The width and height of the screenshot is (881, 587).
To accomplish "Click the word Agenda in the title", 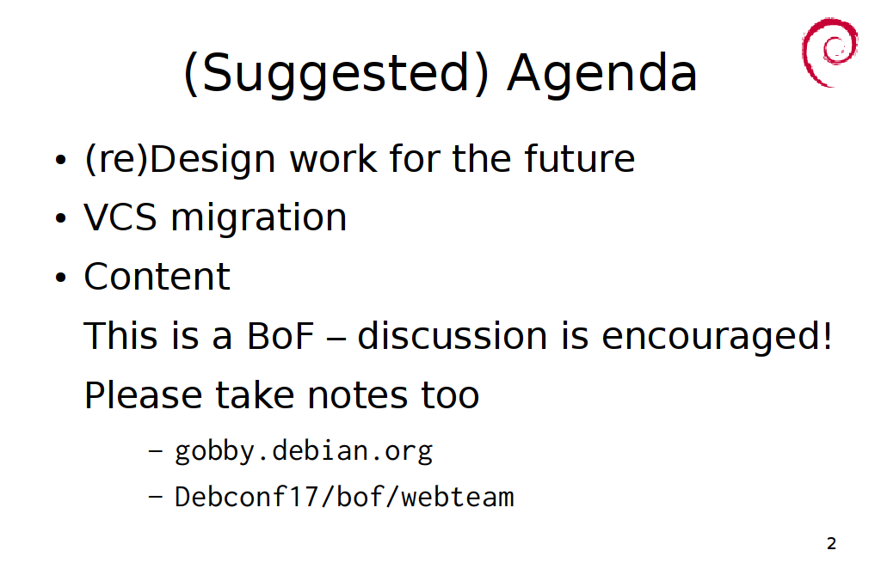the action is tap(601, 74).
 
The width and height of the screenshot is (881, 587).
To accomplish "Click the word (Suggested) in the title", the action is tap(336, 74).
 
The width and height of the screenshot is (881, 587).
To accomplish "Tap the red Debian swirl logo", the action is tap(830, 52).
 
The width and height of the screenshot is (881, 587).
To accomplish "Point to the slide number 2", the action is tap(832, 543).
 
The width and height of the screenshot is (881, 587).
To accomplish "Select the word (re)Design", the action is tap(180, 160).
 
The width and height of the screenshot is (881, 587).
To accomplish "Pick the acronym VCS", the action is tap(120, 217).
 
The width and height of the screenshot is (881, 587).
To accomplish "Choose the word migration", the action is tap(259, 218).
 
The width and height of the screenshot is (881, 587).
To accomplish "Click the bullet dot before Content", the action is tap(61, 278).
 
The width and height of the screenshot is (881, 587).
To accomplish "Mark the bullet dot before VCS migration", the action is tap(61, 218).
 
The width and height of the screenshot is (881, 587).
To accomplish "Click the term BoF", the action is tap(280, 336).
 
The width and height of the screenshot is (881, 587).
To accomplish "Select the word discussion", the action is tap(453, 335).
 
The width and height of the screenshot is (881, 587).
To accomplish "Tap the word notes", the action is tap(357, 395).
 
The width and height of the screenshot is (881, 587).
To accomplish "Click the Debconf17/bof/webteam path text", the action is tap(344, 497).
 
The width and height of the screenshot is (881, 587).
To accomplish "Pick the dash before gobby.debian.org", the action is tap(156, 450).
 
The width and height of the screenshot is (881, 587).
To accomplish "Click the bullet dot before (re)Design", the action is tap(61, 160).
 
